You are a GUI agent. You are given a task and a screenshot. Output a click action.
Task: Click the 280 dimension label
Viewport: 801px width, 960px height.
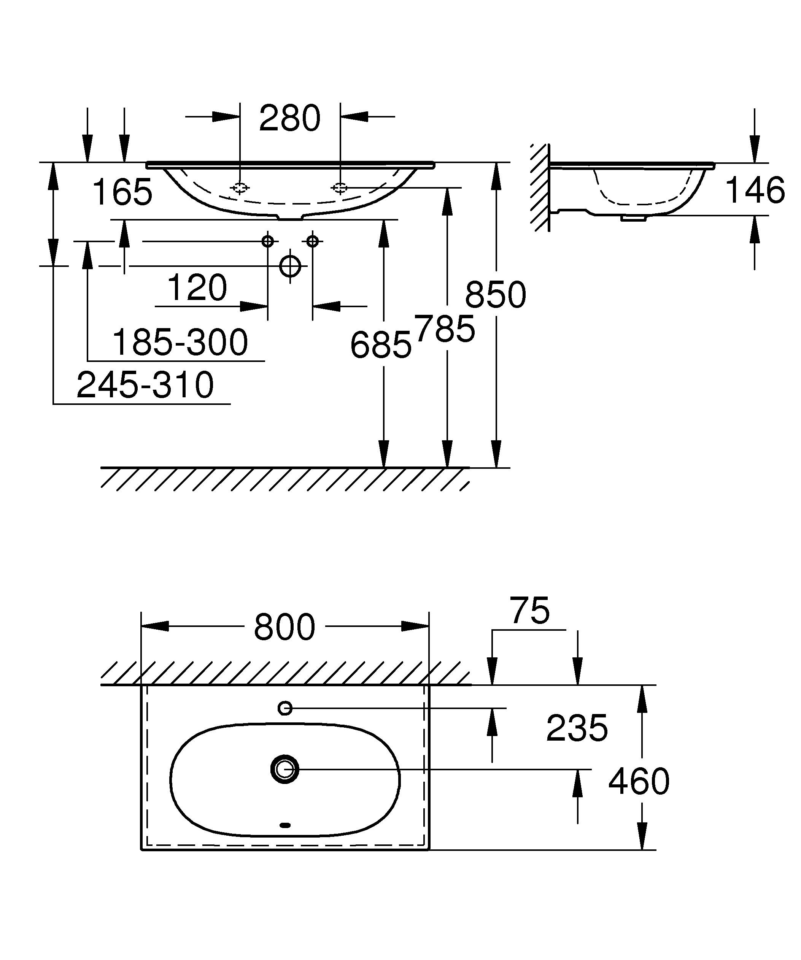(289, 118)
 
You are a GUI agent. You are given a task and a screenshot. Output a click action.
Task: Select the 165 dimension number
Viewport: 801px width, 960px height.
(122, 192)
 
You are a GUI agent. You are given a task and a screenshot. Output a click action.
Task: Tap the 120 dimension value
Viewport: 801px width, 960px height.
(197, 288)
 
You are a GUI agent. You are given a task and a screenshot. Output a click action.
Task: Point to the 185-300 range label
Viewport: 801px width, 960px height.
(180, 343)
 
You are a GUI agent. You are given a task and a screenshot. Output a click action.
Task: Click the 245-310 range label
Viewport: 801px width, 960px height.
(145, 385)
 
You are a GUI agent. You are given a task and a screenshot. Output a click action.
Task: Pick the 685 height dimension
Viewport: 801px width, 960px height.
(380, 345)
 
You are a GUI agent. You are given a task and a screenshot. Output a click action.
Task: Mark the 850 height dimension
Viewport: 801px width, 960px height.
(496, 295)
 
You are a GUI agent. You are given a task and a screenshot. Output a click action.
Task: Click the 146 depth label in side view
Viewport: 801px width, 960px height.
(755, 190)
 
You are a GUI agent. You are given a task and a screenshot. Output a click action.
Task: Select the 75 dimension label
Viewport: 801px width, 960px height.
(530, 611)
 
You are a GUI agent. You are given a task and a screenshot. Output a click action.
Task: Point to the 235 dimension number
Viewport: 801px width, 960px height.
(577, 728)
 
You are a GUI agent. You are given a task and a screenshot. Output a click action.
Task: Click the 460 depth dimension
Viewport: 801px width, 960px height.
(639, 781)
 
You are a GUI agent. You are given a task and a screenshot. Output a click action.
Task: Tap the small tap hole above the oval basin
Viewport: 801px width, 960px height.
(285, 708)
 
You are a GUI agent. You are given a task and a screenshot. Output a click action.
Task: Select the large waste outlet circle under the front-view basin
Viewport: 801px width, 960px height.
(290, 266)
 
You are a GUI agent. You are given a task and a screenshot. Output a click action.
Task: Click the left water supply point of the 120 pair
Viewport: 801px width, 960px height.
(267, 241)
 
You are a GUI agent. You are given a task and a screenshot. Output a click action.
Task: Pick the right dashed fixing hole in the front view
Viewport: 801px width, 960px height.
(340, 187)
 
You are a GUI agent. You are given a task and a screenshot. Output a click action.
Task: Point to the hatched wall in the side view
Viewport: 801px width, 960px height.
(540, 187)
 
